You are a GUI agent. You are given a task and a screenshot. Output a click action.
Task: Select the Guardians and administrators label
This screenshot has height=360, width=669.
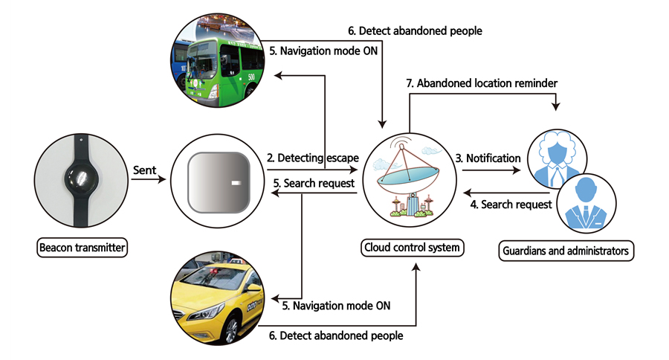[566, 251]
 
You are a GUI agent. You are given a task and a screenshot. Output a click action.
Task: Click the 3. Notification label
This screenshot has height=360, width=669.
[488, 158]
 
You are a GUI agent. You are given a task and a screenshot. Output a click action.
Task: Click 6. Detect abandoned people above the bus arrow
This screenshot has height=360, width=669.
[415, 31]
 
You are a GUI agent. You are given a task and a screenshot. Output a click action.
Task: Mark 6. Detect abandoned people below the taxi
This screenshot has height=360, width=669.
[336, 335]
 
